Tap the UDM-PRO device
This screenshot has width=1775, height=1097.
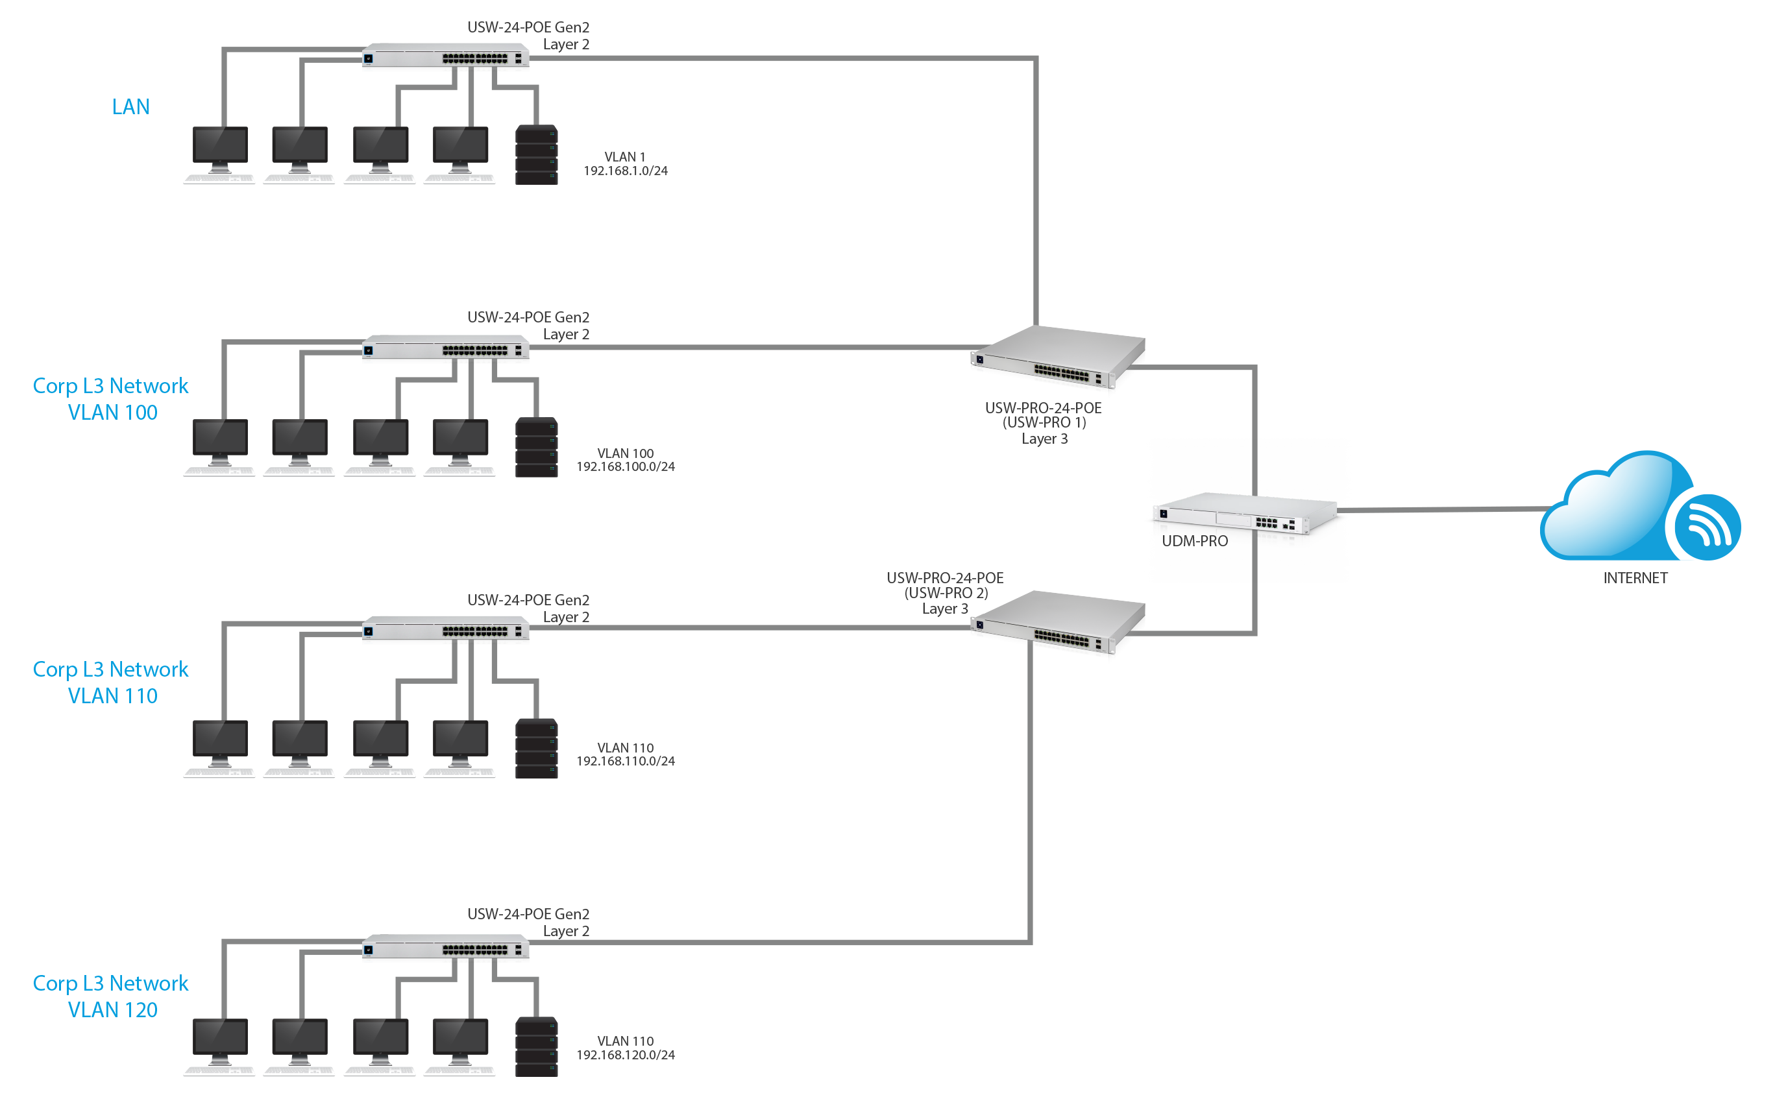coord(1245,513)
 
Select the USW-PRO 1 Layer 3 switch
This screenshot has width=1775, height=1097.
coord(1057,357)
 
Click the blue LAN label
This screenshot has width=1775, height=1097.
coord(130,106)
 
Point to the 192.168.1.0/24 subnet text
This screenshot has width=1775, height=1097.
coord(626,171)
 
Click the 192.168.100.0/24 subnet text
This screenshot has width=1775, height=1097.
coord(626,466)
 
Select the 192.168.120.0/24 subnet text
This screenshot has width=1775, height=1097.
coord(626,1055)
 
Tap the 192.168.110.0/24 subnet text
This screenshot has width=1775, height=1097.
coord(626,761)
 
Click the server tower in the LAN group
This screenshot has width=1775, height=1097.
coord(536,154)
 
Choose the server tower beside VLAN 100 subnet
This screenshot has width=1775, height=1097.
coord(536,447)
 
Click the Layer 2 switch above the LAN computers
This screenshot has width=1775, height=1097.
coord(446,55)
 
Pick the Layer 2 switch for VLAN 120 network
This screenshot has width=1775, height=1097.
coord(446,946)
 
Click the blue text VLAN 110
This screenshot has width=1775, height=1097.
coord(112,696)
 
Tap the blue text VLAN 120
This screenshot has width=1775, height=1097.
coord(112,1010)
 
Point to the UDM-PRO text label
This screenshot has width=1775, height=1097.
coord(1194,541)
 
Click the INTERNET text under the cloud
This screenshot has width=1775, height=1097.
coord(1635,578)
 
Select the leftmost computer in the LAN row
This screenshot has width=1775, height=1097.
coord(220,154)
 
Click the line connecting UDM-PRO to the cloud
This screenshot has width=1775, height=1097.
coord(1444,509)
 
